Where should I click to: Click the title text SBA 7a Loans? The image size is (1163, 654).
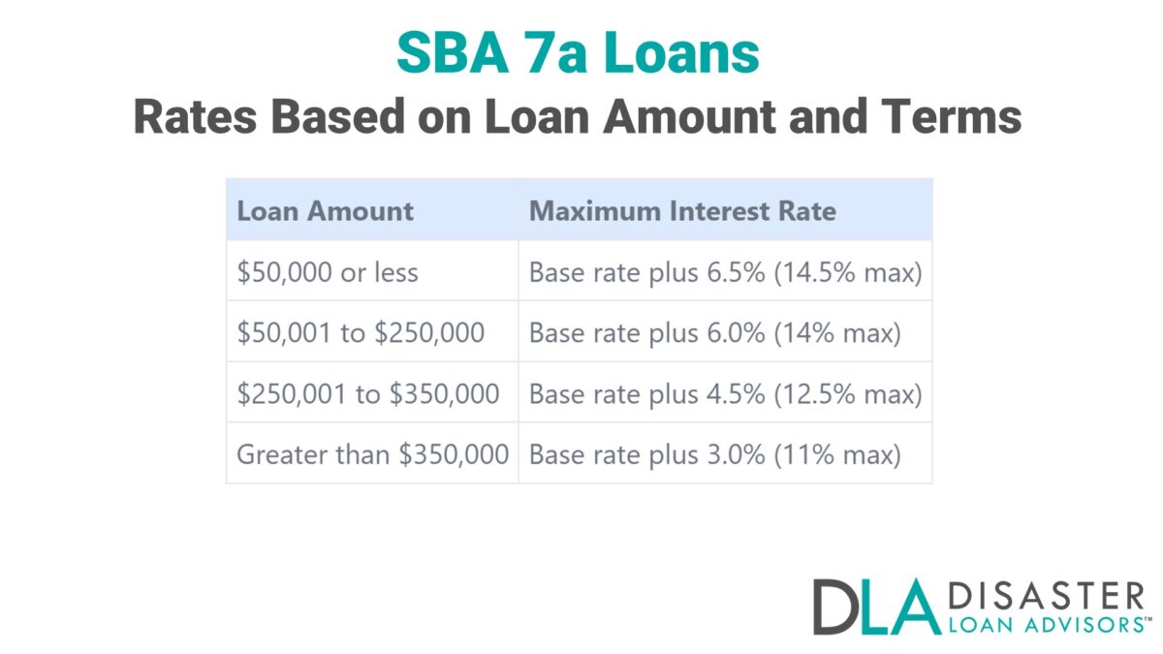point(578,53)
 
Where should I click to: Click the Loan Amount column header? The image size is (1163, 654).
point(326,211)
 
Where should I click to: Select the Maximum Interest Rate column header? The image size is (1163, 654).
point(682,211)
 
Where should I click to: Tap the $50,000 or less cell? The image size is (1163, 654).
point(328,273)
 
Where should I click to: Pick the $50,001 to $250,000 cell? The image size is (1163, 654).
point(361,333)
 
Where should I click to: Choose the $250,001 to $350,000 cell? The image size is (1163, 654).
point(368,394)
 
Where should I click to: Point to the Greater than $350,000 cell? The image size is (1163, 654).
point(373,453)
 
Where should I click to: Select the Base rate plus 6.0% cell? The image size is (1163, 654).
point(714,333)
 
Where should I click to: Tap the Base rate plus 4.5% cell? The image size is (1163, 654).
point(725,394)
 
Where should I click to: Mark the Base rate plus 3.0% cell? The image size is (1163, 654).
point(714,453)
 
